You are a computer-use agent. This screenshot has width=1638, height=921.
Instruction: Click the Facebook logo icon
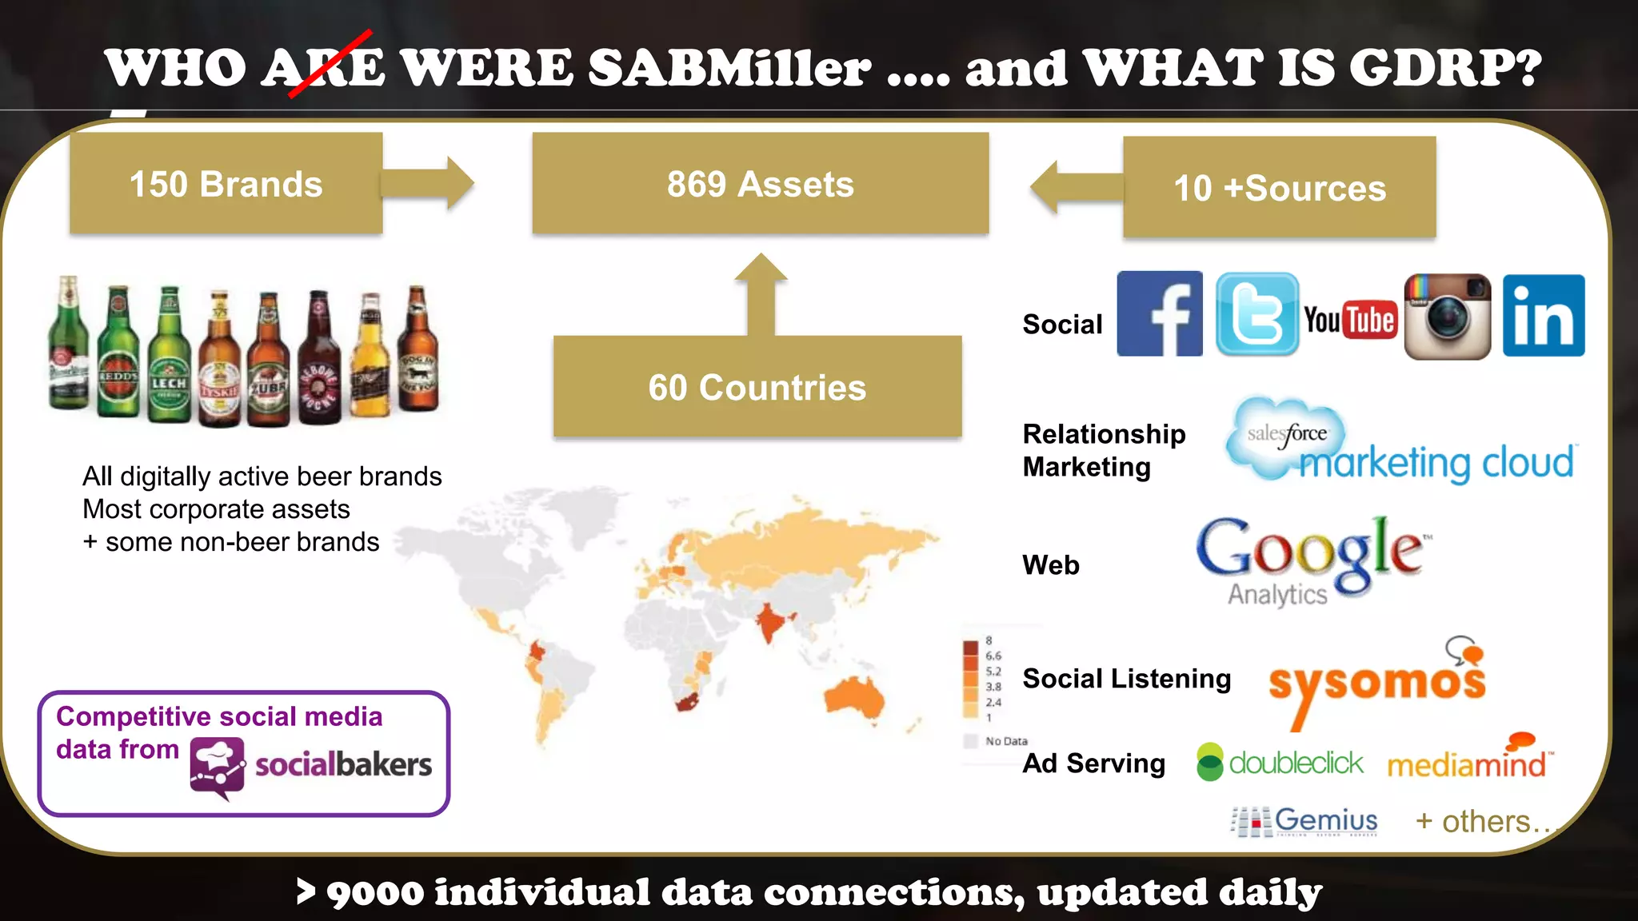pos(1159,313)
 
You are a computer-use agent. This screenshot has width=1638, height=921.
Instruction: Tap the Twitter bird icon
pos(1257,314)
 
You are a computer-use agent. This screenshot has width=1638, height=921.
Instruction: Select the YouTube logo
pos(1350,320)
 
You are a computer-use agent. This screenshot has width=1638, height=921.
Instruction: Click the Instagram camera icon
pos(1448,317)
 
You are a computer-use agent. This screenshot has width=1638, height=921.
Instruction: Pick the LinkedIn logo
pos(1543,315)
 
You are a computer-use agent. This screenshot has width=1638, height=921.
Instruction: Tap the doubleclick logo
pos(1280,763)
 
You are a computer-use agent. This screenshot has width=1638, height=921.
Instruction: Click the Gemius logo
pos(1305,821)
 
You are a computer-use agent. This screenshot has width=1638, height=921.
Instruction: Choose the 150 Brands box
pos(226,184)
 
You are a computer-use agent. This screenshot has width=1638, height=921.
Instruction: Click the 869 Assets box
pos(760,184)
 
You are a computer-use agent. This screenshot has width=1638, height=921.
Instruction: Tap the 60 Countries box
pos(757,387)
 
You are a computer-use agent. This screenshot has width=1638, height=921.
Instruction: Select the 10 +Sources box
pos(1279,188)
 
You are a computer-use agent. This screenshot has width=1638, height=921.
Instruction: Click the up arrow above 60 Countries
pos(761,292)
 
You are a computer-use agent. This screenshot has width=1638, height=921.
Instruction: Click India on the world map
pos(769,620)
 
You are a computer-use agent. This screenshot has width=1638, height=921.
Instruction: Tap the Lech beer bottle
pos(169,356)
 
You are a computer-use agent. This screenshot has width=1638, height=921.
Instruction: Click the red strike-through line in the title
pos(330,64)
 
